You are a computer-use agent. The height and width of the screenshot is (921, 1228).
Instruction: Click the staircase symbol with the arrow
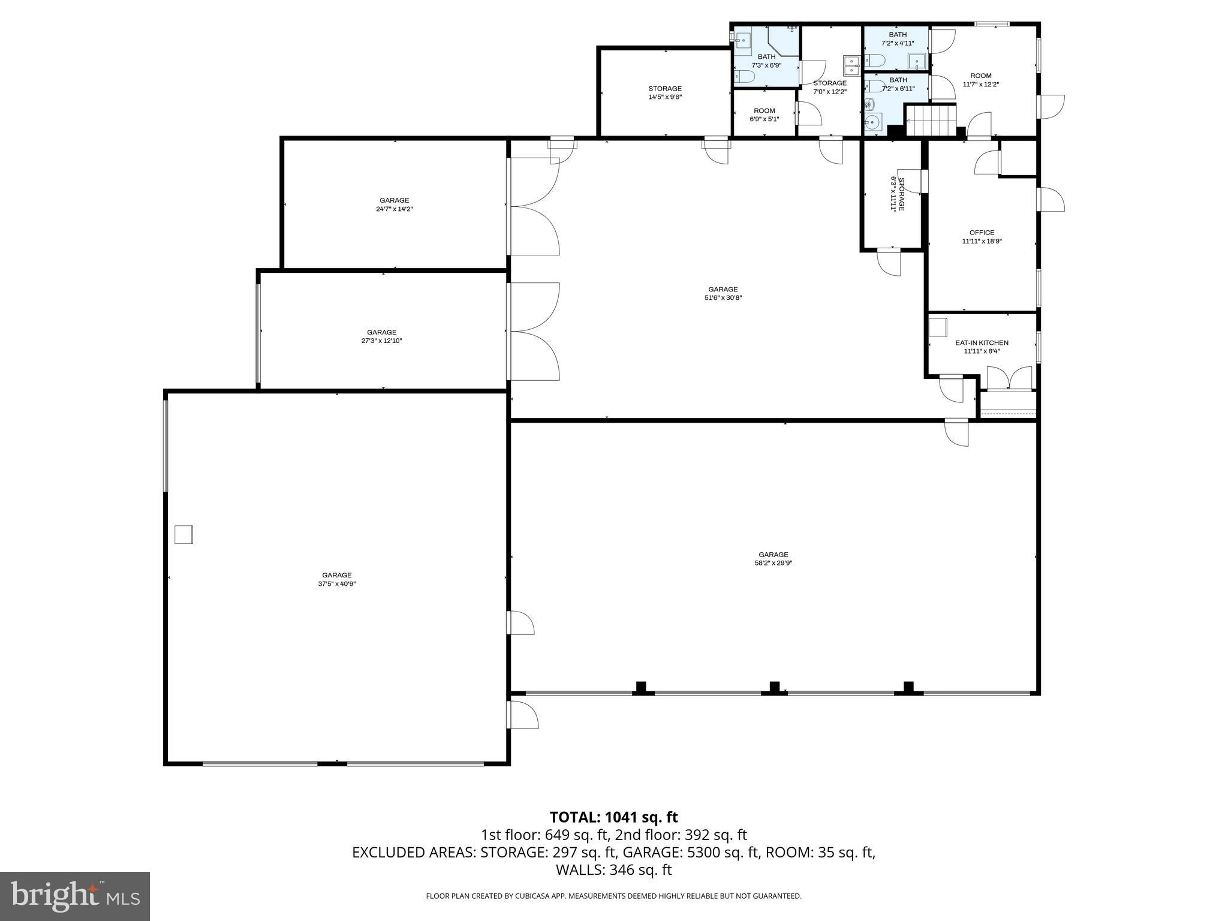pos(930,121)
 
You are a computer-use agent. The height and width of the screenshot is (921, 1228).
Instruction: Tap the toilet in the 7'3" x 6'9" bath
pos(745,76)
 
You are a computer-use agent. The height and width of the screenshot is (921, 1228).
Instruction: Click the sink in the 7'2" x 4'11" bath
pos(917,61)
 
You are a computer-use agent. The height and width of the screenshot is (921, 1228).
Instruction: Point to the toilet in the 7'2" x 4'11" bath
pos(875,60)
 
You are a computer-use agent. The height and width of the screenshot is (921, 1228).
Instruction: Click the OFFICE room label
pos(982,233)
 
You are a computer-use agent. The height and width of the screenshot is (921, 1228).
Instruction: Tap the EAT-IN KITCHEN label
pos(982,343)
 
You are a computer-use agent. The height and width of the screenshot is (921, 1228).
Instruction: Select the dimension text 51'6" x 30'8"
pos(723,297)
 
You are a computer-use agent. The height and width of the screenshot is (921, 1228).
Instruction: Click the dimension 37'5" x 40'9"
pos(337,583)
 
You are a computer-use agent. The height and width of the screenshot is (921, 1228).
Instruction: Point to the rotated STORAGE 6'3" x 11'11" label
pos(897,194)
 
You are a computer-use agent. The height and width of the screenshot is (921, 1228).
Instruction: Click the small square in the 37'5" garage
pos(183,534)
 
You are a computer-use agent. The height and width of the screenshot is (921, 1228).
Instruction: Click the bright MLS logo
pos(75,896)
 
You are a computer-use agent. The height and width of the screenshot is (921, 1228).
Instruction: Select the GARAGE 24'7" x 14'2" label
pos(394,204)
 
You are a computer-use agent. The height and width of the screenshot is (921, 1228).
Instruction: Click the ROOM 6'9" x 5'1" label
pos(764,115)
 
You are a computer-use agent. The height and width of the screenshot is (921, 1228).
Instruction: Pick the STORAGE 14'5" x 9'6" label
pos(665,92)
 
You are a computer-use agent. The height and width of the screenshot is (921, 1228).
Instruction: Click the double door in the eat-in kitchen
pos(1009,378)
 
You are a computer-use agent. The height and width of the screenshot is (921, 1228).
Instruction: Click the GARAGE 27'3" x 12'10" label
pos(381,336)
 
